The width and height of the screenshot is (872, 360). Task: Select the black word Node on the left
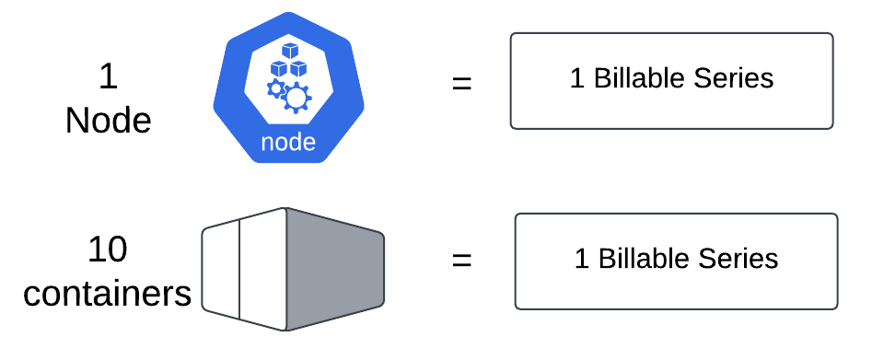tap(109, 121)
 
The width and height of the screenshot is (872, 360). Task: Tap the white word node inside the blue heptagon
tap(288, 143)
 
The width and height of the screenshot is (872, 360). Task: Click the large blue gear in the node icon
tap(297, 96)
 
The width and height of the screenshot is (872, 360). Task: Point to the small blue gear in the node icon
tap(274, 89)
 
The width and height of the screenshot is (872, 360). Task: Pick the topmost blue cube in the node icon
tap(290, 52)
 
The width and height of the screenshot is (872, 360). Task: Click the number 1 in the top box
tap(576, 78)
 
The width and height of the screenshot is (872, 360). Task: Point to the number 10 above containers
tap(108, 250)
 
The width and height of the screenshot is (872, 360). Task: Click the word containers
tap(108, 294)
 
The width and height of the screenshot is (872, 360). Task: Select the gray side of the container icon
tap(333, 270)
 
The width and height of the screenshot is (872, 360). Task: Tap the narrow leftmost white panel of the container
tap(221, 269)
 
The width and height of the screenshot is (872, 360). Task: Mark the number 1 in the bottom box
tap(581, 259)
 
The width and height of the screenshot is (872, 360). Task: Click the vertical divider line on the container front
tap(240, 269)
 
